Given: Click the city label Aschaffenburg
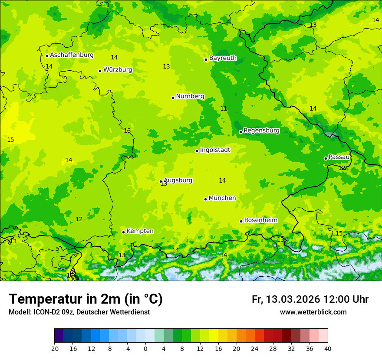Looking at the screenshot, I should click(72, 55).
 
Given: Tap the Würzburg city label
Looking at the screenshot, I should click(118, 70).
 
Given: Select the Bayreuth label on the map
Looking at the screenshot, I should click(223, 58).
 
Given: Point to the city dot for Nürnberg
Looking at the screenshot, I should click(173, 98).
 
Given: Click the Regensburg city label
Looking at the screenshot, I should click(261, 131).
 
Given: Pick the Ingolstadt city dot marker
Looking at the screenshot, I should click(197, 151).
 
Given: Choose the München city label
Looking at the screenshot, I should click(222, 198).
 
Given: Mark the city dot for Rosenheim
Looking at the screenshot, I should click(241, 221).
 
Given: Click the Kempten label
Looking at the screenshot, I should click(140, 231).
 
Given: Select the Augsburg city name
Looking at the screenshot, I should click(178, 180).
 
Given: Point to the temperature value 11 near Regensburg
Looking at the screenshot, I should click(224, 109).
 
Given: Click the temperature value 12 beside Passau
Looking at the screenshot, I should click(342, 168).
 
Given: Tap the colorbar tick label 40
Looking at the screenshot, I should click(328, 348).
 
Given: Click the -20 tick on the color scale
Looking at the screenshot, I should click(54, 348).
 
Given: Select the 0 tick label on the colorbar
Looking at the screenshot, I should click(145, 348).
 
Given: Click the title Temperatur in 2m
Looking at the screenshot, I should click(86, 299).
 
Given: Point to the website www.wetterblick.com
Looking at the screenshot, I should click(313, 312).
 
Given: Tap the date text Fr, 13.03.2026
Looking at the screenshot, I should click(286, 299).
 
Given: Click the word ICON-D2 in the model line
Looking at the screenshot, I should click(46, 312).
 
